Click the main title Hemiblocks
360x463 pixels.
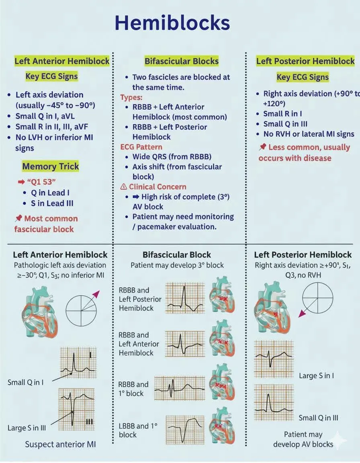[172, 23]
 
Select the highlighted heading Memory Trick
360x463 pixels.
[51, 166]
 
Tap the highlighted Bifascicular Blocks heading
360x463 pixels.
[182, 61]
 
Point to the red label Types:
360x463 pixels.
[131, 97]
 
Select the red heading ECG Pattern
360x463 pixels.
[141, 147]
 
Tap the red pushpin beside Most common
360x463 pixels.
[18, 219]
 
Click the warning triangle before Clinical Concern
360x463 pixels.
[124, 186]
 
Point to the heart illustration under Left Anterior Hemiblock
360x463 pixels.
[38, 312]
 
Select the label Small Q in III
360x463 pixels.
[318, 418]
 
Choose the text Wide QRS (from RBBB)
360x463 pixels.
[172, 157]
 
